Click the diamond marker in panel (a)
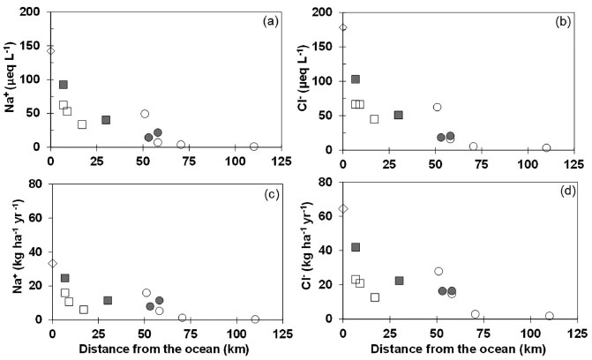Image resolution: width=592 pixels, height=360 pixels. (50, 50)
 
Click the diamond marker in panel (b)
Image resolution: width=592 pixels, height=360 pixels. (343, 27)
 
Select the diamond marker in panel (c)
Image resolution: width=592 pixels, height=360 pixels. (52, 263)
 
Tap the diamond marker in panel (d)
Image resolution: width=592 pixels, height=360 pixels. (343, 209)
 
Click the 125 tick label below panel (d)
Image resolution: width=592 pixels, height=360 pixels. (574, 333)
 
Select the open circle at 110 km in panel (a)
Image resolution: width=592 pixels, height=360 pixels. (254, 146)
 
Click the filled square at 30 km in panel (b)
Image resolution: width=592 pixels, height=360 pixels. (399, 115)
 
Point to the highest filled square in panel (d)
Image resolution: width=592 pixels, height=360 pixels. (356, 247)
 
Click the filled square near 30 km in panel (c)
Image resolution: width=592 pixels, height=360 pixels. (108, 300)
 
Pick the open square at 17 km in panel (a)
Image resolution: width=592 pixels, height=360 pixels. (82, 124)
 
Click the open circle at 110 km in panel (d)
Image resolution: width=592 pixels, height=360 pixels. (549, 316)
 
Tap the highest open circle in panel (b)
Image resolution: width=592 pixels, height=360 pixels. (437, 107)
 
